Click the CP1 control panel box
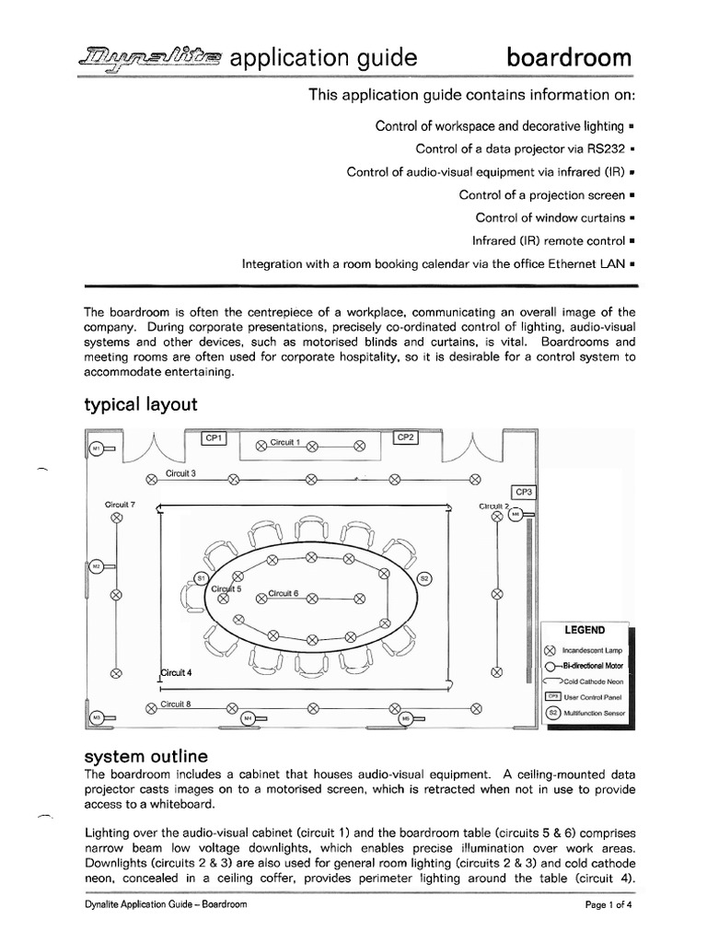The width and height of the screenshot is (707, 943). coord(214,438)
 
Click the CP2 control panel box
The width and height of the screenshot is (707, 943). coord(406,437)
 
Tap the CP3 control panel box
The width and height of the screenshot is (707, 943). coord(524,492)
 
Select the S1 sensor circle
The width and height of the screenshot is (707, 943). coord(201,577)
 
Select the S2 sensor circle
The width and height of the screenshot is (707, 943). coord(424,578)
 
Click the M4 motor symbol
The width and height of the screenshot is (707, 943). coord(246,717)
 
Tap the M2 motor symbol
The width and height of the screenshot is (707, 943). coord(95,566)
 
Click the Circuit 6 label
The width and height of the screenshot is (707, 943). coord(284,594)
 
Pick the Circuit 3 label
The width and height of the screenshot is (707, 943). coord(180,473)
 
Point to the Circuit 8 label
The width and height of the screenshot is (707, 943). coord(175,704)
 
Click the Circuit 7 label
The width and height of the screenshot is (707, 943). coord(120,505)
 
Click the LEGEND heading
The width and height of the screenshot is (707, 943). coord(585,630)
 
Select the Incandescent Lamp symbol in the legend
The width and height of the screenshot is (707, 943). coord(551,650)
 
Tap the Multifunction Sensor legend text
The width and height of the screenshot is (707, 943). coord(594,712)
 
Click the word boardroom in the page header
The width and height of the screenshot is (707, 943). coord(570,59)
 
